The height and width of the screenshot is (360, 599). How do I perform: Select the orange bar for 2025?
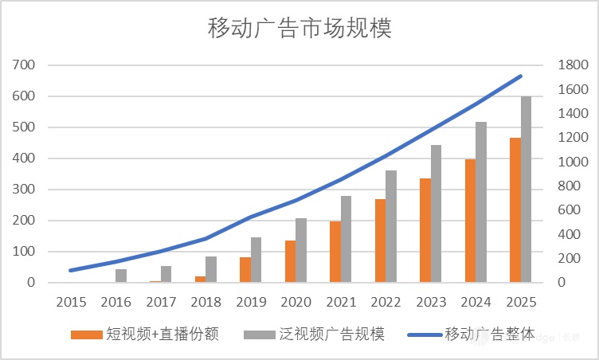[x=515, y=210]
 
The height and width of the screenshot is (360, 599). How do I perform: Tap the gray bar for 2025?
[x=527, y=190]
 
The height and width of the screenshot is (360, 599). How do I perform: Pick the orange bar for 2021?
[x=335, y=252]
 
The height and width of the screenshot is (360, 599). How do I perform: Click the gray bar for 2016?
[x=121, y=276]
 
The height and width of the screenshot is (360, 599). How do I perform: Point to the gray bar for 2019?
[x=256, y=260]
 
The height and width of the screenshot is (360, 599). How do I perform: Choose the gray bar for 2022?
[x=391, y=226]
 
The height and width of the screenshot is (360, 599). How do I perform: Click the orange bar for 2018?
[x=200, y=280]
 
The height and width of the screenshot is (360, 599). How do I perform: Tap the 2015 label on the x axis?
[x=71, y=302]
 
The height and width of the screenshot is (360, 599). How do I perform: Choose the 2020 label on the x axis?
[x=296, y=302]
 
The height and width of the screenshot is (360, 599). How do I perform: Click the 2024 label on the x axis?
[x=476, y=302]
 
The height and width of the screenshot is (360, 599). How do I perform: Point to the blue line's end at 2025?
[x=521, y=76]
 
